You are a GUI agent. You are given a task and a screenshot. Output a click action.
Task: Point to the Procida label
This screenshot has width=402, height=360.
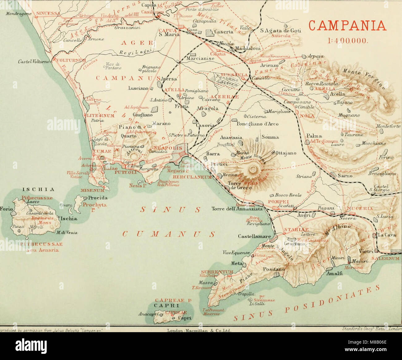(x=97, y=198)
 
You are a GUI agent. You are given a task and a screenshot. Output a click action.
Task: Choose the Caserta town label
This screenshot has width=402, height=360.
(x=223, y=32)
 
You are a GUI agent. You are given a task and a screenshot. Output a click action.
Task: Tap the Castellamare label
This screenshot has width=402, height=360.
(x=254, y=237)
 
